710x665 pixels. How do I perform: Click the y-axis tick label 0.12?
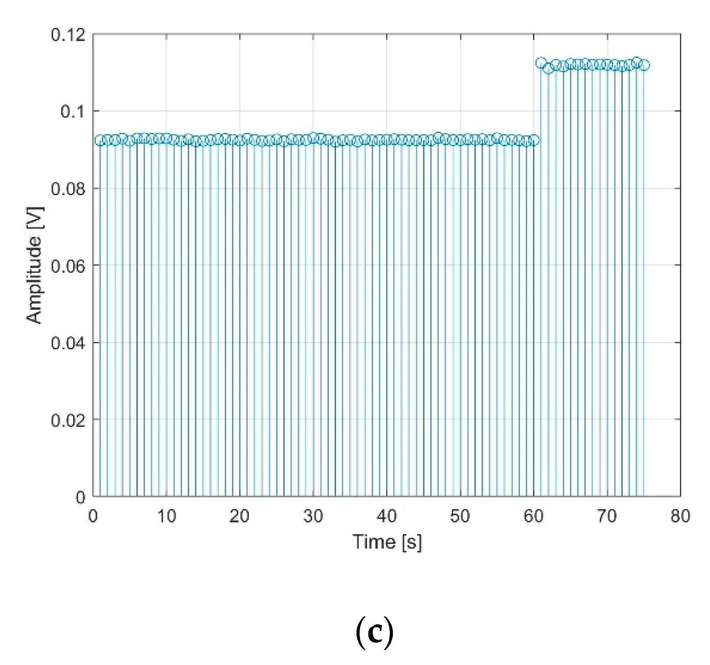click(x=68, y=35)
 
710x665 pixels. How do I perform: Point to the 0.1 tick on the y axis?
click(x=73, y=112)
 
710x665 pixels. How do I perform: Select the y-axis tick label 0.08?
click(x=68, y=189)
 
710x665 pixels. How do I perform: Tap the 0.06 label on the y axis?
click(x=68, y=266)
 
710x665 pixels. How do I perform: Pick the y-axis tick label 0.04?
click(x=68, y=343)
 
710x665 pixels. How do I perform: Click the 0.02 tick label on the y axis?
click(x=68, y=420)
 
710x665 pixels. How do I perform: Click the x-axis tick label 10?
click(x=166, y=517)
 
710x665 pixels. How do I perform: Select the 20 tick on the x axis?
click(x=240, y=517)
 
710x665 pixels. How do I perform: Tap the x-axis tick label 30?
click(x=313, y=517)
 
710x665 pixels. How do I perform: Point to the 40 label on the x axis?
click(x=387, y=517)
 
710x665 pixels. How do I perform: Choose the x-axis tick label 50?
click(x=460, y=517)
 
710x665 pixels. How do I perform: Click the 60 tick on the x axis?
click(x=533, y=517)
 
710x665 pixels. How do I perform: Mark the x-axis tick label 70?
click(x=607, y=517)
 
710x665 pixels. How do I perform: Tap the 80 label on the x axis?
click(x=680, y=517)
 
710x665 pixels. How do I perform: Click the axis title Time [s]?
click(x=387, y=542)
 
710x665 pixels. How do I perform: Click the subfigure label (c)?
click(x=374, y=633)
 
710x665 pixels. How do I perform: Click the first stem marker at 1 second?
click(x=100, y=140)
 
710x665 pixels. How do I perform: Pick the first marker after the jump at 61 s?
click(x=541, y=63)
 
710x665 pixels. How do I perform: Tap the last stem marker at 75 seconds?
click(x=644, y=65)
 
